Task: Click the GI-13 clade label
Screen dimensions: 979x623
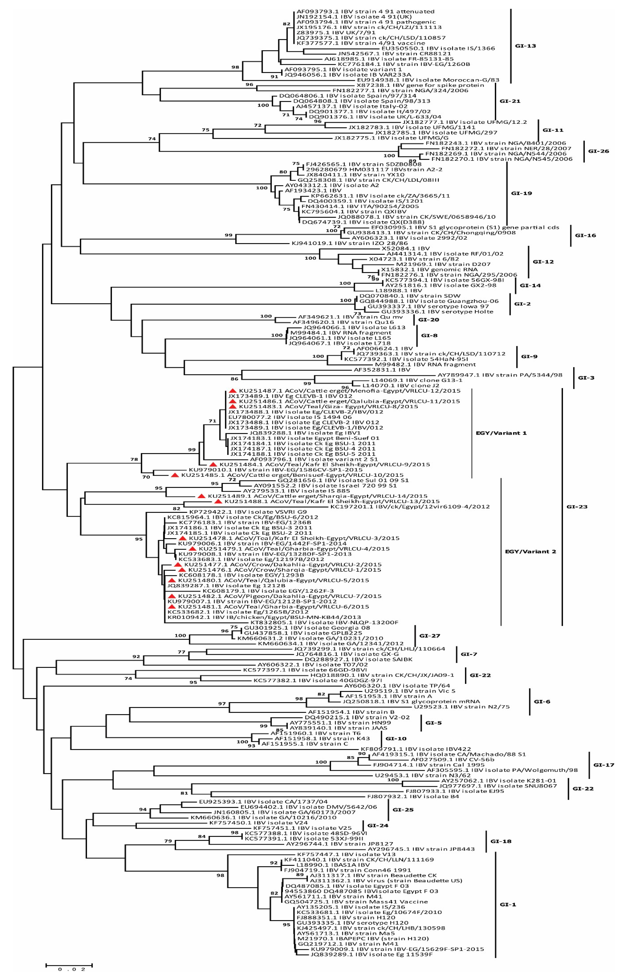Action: [x=525, y=46]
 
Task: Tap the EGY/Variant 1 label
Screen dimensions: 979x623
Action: [x=501, y=433]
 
